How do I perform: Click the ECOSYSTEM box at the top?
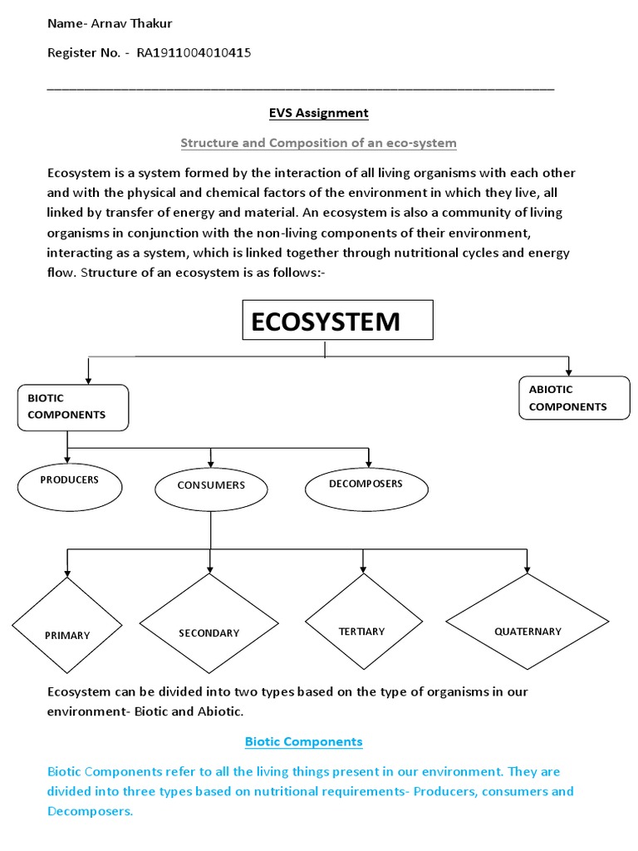click(337, 320)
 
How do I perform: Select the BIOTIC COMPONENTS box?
click(73, 407)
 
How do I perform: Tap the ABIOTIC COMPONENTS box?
click(574, 398)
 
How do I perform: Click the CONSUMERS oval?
click(211, 485)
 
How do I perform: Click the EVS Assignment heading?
click(318, 113)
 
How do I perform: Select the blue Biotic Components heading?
click(303, 741)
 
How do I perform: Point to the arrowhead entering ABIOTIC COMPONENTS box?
click(568, 371)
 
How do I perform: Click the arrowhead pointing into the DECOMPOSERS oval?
click(368, 462)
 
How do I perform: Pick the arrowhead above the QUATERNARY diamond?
click(527, 568)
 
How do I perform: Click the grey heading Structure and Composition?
click(318, 143)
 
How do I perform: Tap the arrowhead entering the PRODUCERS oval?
click(67, 459)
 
